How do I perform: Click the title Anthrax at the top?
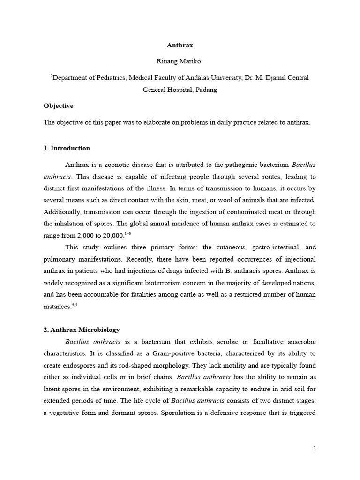click(x=180, y=45)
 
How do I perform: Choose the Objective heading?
click(x=59, y=106)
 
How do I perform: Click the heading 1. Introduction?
click(x=67, y=148)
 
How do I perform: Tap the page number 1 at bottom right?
click(x=315, y=448)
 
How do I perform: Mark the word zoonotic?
click(x=114, y=165)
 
